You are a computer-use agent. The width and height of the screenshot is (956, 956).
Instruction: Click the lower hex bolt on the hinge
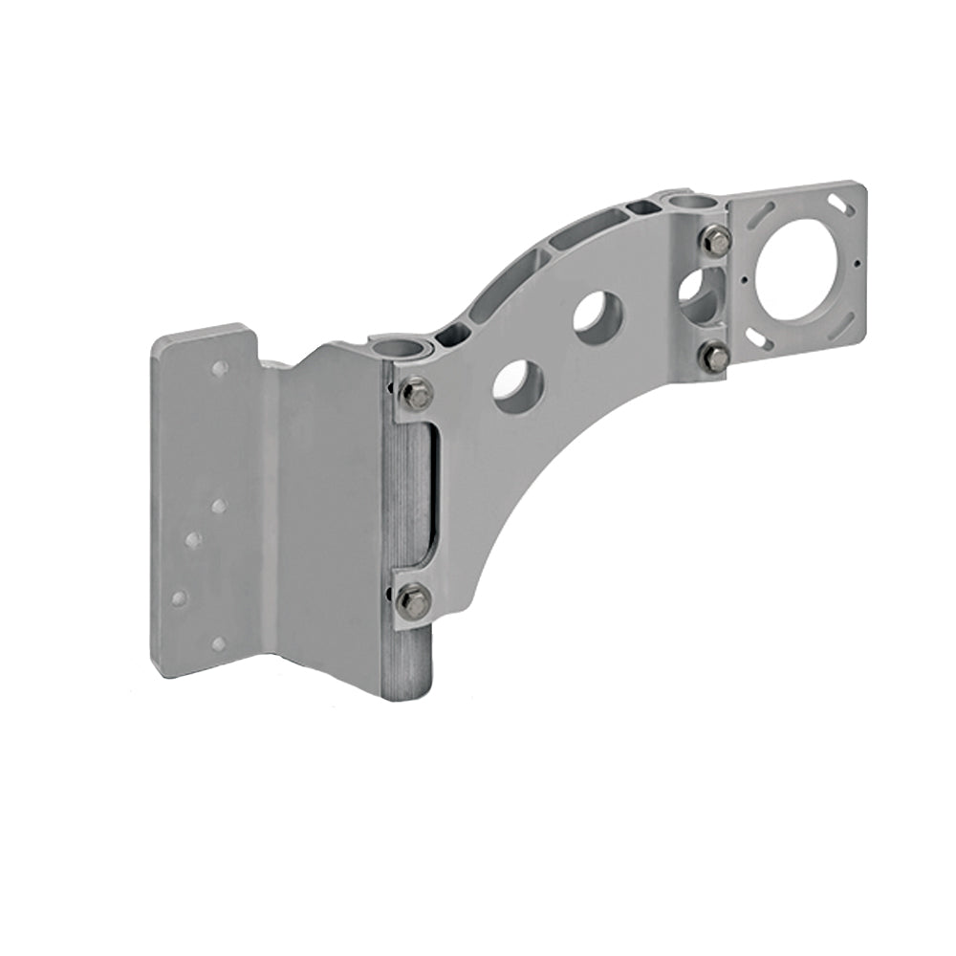pyautogui.click(x=413, y=600)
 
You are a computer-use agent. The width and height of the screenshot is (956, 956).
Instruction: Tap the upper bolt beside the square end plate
pyautogui.click(x=717, y=241)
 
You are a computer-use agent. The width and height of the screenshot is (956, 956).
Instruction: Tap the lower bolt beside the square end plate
pyautogui.click(x=715, y=358)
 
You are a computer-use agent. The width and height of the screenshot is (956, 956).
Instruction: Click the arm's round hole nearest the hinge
pyautogui.click(x=518, y=386)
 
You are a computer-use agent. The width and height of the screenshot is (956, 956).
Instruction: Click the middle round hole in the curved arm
pyautogui.click(x=598, y=316)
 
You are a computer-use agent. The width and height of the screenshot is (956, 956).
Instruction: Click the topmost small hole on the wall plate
pyautogui.click(x=219, y=367)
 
